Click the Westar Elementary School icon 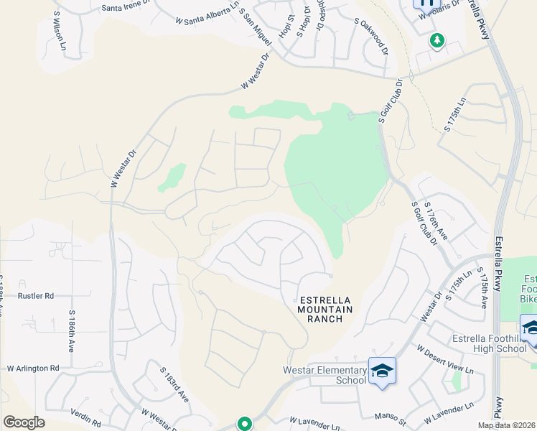click(382, 371)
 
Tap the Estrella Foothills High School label click(491, 344)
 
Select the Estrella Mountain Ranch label click(324, 309)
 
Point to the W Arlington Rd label click(33, 368)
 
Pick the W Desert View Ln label click(445, 359)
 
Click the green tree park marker click(436, 40)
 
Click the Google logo click(24, 422)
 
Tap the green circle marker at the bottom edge click(245, 425)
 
